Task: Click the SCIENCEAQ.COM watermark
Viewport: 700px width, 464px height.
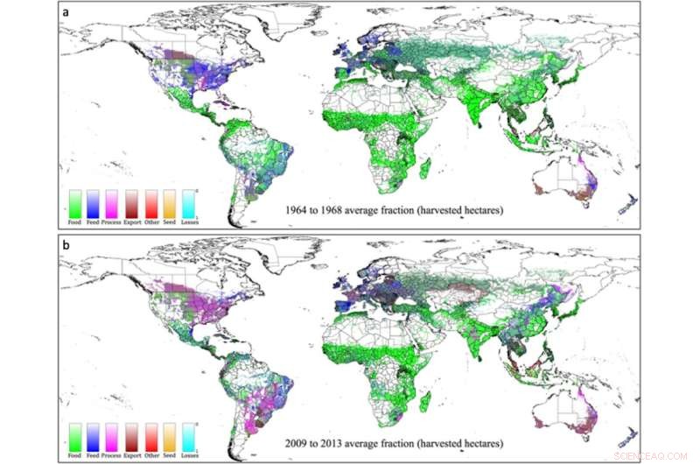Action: (x=653, y=454)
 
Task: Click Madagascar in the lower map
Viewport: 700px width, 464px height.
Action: (x=425, y=402)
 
